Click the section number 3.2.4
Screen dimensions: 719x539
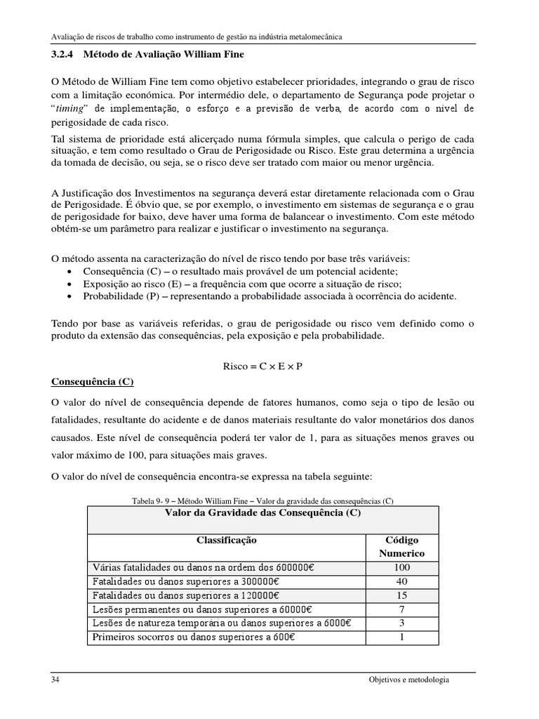[x=63, y=54]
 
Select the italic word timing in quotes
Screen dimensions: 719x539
[x=72, y=109]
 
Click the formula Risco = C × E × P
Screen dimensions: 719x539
[x=262, y=367]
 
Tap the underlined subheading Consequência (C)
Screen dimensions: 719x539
[x=93, y=382]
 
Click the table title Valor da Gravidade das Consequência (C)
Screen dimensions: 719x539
[x=262, y=513]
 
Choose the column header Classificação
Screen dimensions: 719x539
[x=226, y=541]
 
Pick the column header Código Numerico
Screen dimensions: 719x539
[x=402, y=546]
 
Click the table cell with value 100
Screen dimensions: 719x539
[x=402, y=567]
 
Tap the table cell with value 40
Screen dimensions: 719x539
[x=402, y=581]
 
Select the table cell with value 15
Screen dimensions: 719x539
[x=402, y=595]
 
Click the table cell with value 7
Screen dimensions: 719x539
[x=402, y=609]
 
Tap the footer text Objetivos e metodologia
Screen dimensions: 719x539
[x=408, y=680]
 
